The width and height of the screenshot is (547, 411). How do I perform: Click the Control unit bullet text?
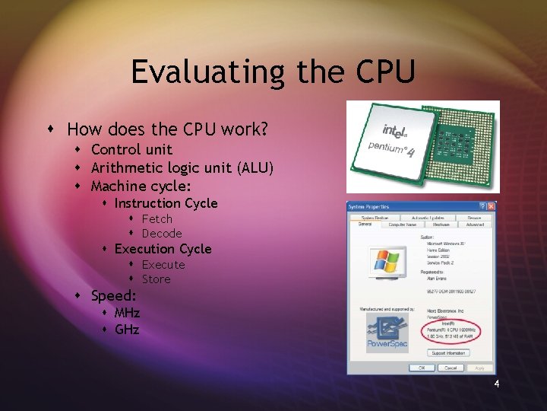point(131,149)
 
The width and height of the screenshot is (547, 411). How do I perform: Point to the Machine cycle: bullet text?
point(141,186)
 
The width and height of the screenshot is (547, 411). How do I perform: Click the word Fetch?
point(157,219)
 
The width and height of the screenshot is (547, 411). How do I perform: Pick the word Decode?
point(162,234)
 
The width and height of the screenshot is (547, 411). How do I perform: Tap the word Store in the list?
point(157,279)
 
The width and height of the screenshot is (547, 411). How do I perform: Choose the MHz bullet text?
point(127,313)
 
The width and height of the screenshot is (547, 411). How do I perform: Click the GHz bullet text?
point(127,330)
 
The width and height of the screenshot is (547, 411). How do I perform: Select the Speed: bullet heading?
point(114,296)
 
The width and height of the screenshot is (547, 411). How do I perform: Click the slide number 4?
point(496,384)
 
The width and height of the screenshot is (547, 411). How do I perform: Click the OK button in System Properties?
point(420,367)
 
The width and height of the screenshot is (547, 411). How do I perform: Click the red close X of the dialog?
point(491,206)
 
